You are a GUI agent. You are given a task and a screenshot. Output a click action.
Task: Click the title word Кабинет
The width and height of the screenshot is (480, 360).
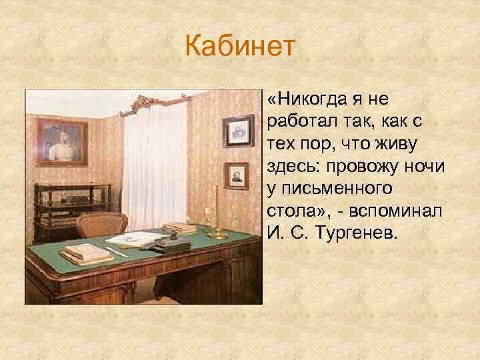click(x=239, y=48)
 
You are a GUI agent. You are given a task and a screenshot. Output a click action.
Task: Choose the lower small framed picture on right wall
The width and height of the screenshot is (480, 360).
click(x=236, y=176)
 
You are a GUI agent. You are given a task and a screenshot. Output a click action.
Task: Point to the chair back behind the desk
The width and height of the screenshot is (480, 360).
click(x=101, y=224)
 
